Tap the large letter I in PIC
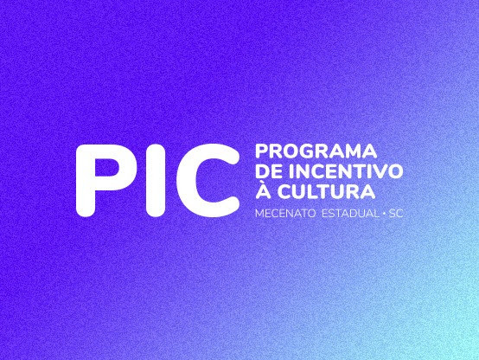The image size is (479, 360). [x=156, y=181]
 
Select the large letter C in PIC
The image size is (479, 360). [x=208, y=181]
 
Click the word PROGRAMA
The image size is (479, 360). [x=316, y=151]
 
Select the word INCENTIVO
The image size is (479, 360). [x=345, y=171]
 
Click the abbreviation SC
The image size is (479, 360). [x=396, y=214]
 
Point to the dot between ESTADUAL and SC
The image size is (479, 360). [x=384, y=214]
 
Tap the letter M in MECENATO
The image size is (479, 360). [x=259, y=214]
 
